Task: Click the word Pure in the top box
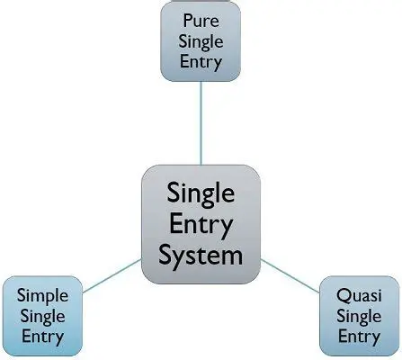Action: pos(201,19)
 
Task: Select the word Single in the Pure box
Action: pos(201,40)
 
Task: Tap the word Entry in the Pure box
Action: pos(201,62)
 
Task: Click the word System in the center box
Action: pos(201,255)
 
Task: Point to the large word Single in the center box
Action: pos(201,193)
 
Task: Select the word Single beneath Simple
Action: pos(42,317)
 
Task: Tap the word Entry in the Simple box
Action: pos(42,337)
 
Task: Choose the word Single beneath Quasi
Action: pos(359,318)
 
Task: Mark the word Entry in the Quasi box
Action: pos(359,338)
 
